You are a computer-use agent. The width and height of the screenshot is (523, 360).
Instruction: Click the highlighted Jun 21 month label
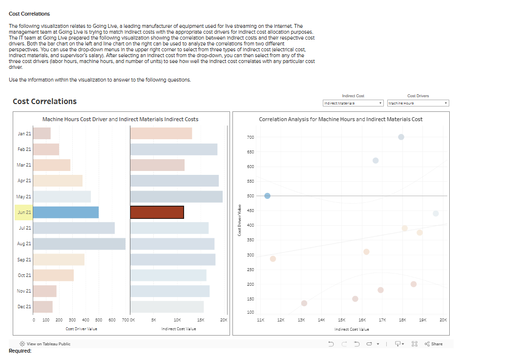[24, 212]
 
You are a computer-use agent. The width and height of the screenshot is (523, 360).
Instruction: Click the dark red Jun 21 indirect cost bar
[157, 212]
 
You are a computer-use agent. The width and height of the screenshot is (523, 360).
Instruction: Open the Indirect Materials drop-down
[353, 103]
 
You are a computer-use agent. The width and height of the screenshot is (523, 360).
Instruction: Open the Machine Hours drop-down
[418, 103]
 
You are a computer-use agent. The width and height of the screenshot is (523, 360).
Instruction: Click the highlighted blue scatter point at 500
[267, 196]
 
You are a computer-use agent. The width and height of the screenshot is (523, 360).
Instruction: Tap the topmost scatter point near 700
[401, 137]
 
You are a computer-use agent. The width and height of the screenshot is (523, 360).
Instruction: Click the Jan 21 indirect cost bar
[161, 133]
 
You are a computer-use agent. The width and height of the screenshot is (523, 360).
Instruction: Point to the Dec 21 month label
[24, 307]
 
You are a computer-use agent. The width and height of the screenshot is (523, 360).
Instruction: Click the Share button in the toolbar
[434, 344]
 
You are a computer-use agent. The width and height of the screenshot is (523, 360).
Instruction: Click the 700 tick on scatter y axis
[251, 137]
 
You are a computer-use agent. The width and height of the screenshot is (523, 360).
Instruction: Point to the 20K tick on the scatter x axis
[443, 319]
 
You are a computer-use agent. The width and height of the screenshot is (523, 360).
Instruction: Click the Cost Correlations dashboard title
[44, 101]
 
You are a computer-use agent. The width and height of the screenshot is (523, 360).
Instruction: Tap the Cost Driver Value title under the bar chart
[82, 329]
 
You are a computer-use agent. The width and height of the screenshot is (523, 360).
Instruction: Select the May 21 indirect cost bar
[176, 197]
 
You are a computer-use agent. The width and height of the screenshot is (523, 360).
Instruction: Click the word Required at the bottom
[20, 351]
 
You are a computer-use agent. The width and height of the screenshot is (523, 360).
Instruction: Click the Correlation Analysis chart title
[340, 119]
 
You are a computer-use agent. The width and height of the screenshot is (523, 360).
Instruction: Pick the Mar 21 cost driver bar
[52, 165]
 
